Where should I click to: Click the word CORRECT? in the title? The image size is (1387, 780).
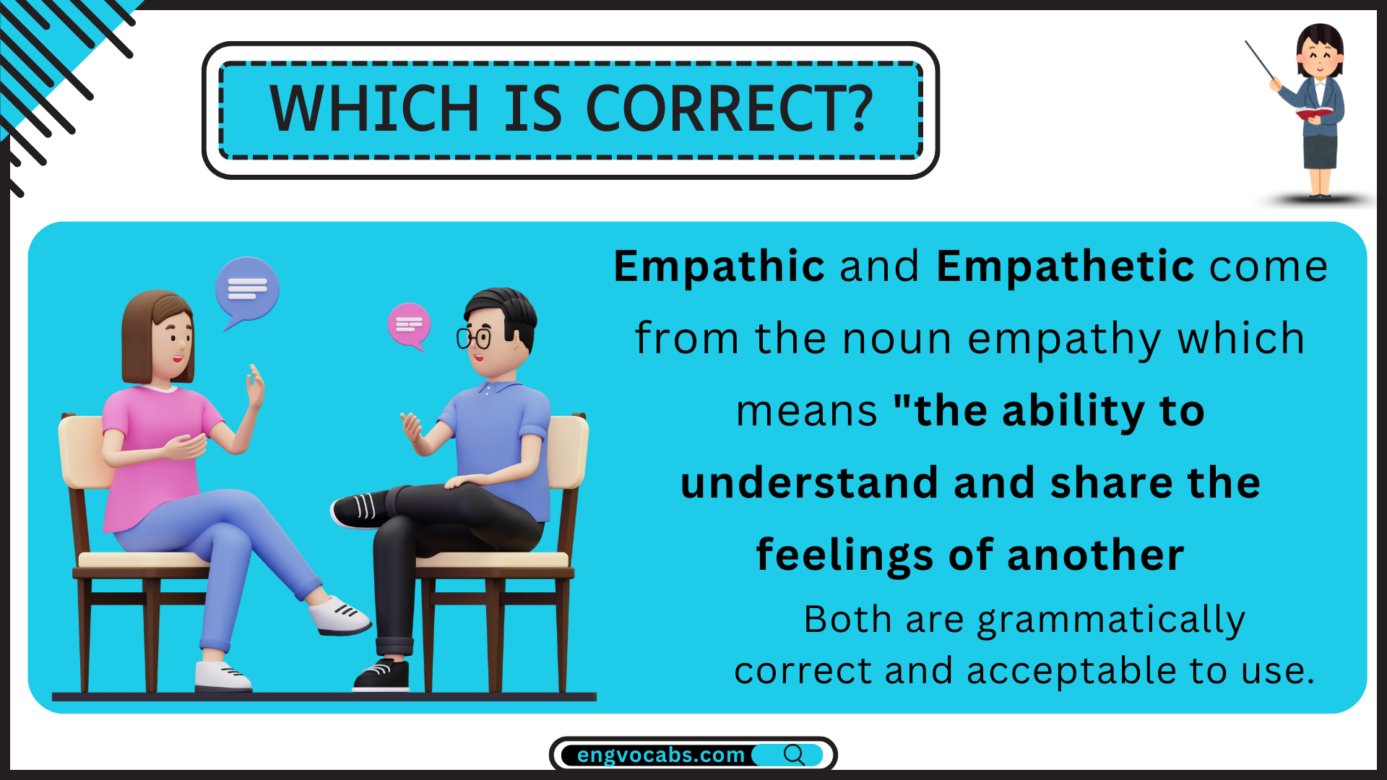tap(730, 108)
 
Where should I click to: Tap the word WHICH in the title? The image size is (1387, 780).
tap(374, 108)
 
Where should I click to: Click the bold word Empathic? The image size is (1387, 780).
tap(719, 266)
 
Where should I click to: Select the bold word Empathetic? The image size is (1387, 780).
tap(1066, 266)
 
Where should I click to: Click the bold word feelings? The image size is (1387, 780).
tap(844, 556)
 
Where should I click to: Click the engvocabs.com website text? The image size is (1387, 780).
tap(660, 755)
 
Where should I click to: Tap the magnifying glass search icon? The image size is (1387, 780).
tap(794, 755)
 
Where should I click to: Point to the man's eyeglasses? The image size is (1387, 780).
tap(474, 337)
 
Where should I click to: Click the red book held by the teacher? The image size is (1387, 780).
tap(1314, 113)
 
